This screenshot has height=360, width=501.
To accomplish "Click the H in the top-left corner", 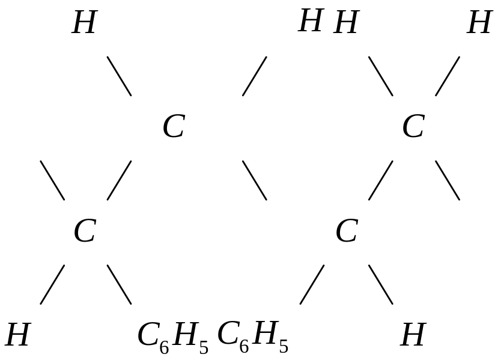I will pyautogui.click(x=83, y=23).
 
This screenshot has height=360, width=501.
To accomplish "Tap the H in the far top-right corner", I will pyautogui.click(x=479, y=23).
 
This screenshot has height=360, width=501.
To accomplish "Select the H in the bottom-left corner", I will pyautogui.click(x=17, y=335).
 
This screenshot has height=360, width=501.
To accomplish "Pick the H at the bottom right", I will pyautogui.click(x=413, y=335).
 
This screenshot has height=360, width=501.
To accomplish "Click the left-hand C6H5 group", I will pyautogui.click(x=172, y=337).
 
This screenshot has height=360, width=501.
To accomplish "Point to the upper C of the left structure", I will pyautogui.click(x=173, y=127).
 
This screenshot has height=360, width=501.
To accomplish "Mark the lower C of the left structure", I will pyautogui.click(x=84, y=231).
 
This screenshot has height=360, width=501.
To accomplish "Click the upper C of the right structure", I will pyautogui.click(x=413, y=127).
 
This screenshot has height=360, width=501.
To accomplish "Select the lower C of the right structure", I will pyautogui.click(x=347, y=231).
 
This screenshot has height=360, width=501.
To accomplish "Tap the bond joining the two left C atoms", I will pyautogui.click(x=119, y=180).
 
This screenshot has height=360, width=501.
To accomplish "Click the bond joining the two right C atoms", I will pyautogui.click(x=380, y=180).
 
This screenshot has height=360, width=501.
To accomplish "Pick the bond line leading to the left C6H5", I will pyautogui.click(x=119, y=284).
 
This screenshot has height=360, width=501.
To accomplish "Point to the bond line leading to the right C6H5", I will pyautogui.click(x=312, y=284).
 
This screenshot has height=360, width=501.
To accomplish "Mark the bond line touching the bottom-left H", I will pyautogui.click(x=52, y=284).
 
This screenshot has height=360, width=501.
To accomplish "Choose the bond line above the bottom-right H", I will pyautogui.click(x=380, y=284).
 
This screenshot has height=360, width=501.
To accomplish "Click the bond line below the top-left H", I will pyautogui.click(x=119, y=76).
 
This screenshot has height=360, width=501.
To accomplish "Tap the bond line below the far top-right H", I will pyautogui.click(x=448, y=76).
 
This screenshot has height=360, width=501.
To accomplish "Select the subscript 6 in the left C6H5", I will pyautogui.click(x=164, y=348).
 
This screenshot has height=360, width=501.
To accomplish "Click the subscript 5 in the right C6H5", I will pyautogui.click(x=284, y=347).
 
